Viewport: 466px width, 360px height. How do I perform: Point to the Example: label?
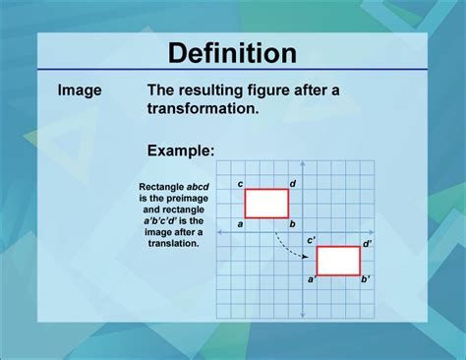coord(180,150)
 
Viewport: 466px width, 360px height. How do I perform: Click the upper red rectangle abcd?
coord(266,203)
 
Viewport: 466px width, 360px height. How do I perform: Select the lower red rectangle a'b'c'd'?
coord(338,261)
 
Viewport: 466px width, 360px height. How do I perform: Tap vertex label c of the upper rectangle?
coord(241,184)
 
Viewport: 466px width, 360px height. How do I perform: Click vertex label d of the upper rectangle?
coord(293,184)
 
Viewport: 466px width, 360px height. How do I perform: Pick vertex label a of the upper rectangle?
coord(240,224)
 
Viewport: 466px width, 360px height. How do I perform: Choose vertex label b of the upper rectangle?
coord(293,224)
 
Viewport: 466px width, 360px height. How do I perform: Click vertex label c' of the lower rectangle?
coord(311,240)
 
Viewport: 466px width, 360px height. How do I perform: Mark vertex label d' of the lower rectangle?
coord(367,242)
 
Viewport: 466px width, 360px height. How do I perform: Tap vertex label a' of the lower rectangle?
coord(312,280)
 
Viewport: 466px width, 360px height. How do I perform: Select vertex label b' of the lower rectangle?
coord(365,280)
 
